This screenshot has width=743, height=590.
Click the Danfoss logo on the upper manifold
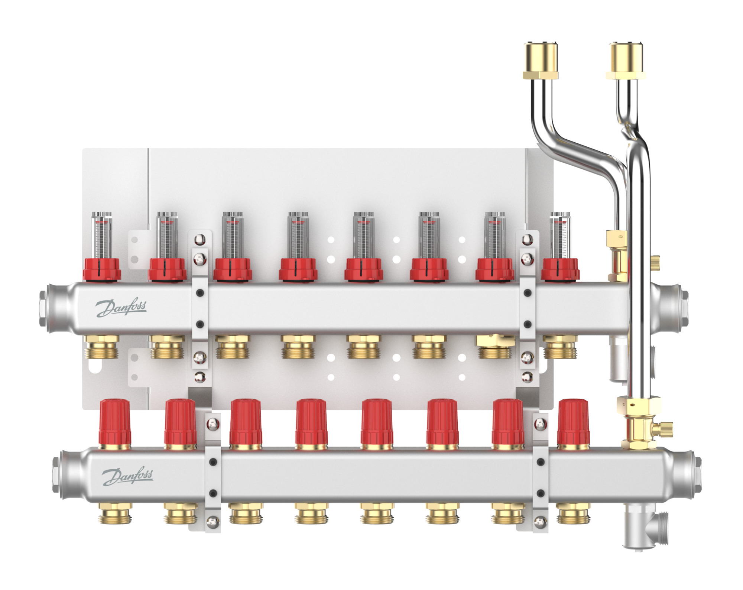point(121,308)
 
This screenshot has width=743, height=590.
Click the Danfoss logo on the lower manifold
point(127,477)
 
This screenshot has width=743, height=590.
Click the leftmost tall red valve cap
point(115,423)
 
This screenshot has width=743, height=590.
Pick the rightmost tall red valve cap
point(573,423)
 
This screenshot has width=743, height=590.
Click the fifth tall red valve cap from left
point(377,423)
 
